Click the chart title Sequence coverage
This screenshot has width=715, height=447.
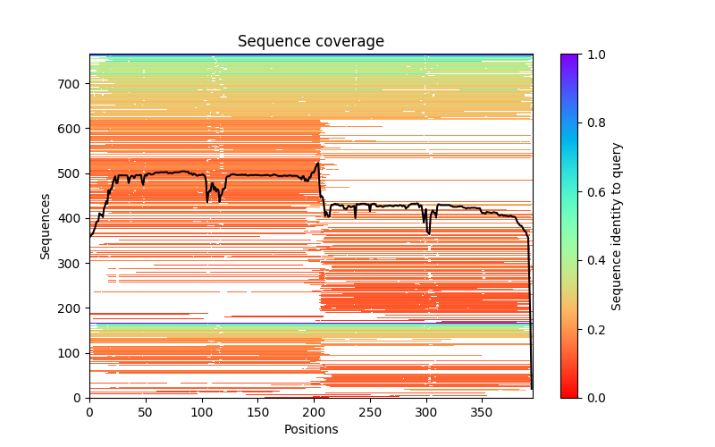[310, 42]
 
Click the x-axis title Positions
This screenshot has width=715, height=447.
[310, 429]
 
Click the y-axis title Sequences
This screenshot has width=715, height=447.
[46, 225]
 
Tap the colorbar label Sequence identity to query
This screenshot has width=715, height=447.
[617, 225]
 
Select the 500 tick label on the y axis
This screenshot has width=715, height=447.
[72, 173]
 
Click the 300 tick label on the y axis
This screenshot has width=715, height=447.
[72, 263]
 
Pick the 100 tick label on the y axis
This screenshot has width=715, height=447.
[72, 353]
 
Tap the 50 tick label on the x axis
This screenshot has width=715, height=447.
[146, 412]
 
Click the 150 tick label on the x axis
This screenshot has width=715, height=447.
[257, 412]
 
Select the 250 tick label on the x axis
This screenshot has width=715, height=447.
[370, 412]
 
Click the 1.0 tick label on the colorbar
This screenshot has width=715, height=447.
[593, 55]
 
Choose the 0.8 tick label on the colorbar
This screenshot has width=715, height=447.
[593, 123]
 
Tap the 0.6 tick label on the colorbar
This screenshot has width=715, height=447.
[593, 191]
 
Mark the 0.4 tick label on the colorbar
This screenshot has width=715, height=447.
[593, 260]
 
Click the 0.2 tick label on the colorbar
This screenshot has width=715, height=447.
[593, 329]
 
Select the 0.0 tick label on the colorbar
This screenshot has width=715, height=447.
[593, 398]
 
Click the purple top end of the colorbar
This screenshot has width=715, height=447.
[569, 57]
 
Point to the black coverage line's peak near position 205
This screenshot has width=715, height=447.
[317, 163]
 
